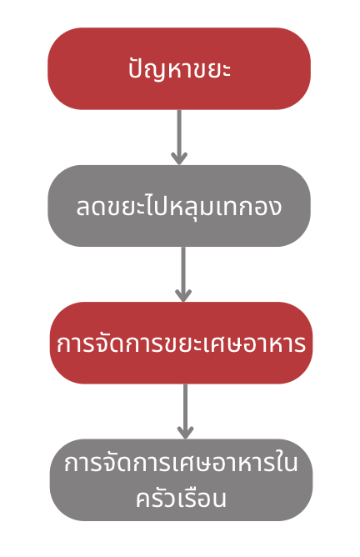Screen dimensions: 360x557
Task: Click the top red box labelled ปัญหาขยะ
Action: coord(179,68)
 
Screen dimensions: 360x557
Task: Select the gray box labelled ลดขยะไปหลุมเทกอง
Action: coord(179,206)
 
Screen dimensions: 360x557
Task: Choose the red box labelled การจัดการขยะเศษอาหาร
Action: coord(181,343)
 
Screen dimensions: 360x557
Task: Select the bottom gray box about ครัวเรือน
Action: coord(181,480)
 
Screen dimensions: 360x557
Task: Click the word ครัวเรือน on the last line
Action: coord(181,498)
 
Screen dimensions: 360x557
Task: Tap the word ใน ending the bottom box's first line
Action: coord(286,462)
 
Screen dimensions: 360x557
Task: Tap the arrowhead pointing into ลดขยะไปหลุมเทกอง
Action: coord(179,158)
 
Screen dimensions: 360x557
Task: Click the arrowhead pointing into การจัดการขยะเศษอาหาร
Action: coord(183,295)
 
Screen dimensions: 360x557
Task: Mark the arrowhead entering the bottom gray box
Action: coord(185,433)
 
